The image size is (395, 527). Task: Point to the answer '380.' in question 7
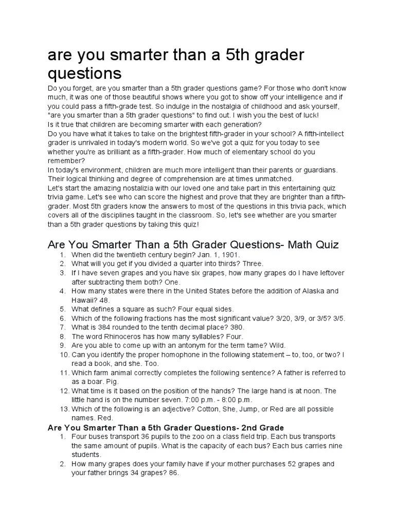[236, 327]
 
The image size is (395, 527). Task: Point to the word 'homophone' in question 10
[173, 355]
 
